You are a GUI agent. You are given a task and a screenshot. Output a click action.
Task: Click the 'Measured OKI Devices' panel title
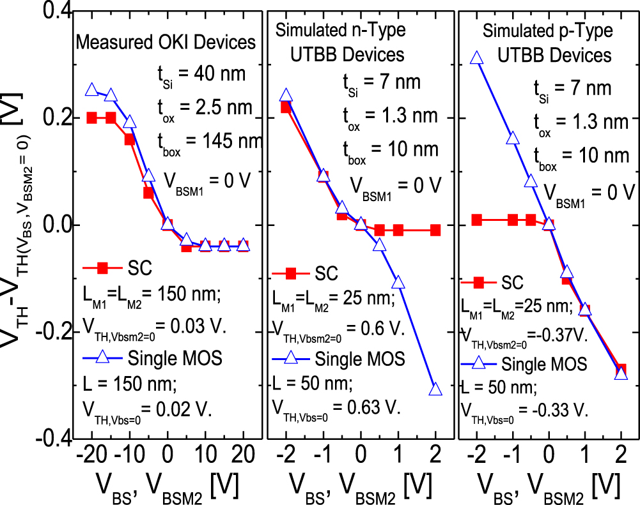click(x=166, y=43)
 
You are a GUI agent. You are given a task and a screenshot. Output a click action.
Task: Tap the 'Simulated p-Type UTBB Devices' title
click(x=547, y=43)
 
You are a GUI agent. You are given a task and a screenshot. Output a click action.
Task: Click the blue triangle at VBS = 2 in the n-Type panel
click(x=436, y=389)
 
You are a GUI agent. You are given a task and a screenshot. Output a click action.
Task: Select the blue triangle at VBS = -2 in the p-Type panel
click(x=476, y=58)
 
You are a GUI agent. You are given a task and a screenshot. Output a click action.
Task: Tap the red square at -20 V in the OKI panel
click(x=91, y=118)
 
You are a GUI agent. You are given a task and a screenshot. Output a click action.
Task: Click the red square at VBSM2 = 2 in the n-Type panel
click(x=436, y=230)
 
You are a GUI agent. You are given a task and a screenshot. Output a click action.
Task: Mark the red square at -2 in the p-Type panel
click(x=476, y=220)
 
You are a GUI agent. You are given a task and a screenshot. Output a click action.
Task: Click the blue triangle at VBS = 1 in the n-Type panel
click(x=398, y=282)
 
